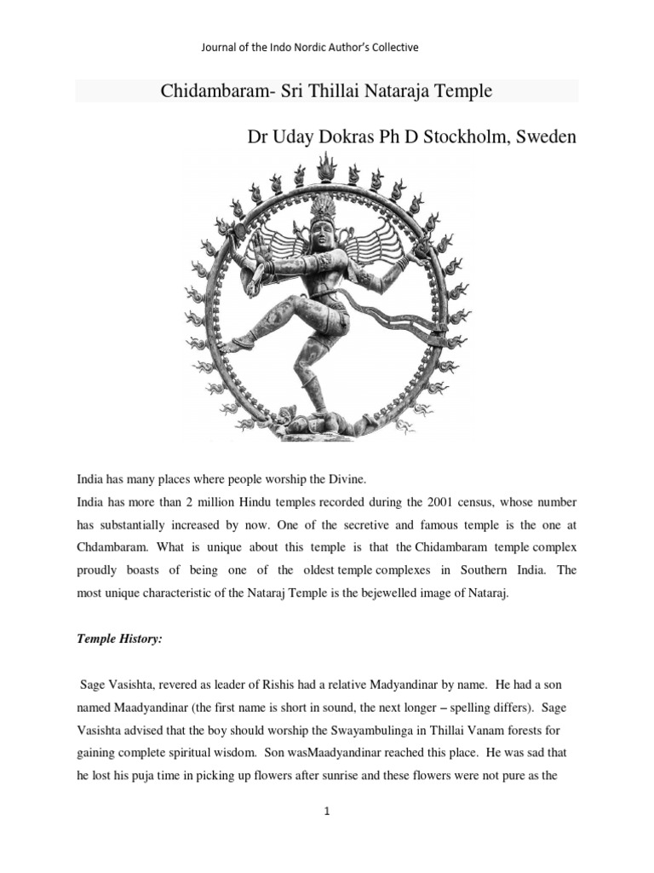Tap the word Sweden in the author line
[x=548, y=136]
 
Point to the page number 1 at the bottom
[x=326, y=812]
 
